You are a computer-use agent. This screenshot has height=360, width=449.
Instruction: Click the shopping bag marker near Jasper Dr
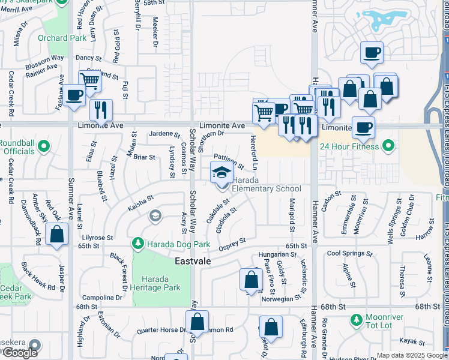tap(56, 235)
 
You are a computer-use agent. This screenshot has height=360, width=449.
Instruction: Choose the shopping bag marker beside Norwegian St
tap(250, 280)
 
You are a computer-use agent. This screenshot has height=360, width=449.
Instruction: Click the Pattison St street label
tap(228, 161)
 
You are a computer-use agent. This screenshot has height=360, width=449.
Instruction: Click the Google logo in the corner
tap(20, 353)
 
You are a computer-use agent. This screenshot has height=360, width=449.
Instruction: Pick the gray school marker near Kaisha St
tap(155, 215)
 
